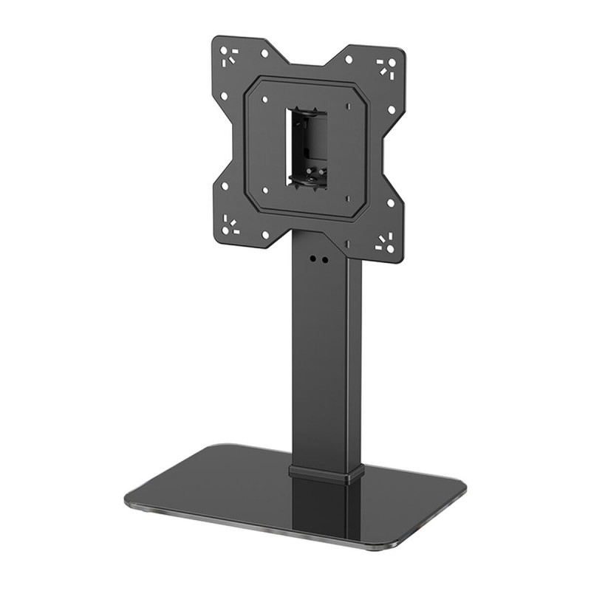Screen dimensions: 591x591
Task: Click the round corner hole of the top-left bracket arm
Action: coord(222,47)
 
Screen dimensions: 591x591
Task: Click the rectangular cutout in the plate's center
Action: coord(306,148)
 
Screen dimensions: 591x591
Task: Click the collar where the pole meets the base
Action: coord(326,472)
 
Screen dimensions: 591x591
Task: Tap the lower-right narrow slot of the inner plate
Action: coord(346,197)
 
